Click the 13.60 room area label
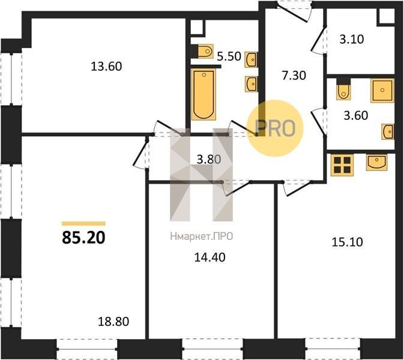pos(106,67)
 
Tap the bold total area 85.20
pos(83,237)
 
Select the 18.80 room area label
pos(113,322)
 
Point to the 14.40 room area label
pos(210,257)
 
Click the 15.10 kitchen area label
pos(348,242)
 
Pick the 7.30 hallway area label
pos(294,76)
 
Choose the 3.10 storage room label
pos(352,40)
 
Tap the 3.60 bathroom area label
pos(356,115)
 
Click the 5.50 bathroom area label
pos(229,56)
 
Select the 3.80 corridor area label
pos(209,160)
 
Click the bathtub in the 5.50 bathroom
pos(204,94)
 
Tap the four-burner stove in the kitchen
pos(342,165)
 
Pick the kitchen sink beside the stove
pos(376,163)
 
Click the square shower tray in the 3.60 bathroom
pos(382,91)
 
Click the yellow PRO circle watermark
pos(275,128)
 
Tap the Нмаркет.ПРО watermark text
pos(202,236)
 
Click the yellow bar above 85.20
pos(83,224)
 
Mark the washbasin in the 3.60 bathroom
pos(388,131)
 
